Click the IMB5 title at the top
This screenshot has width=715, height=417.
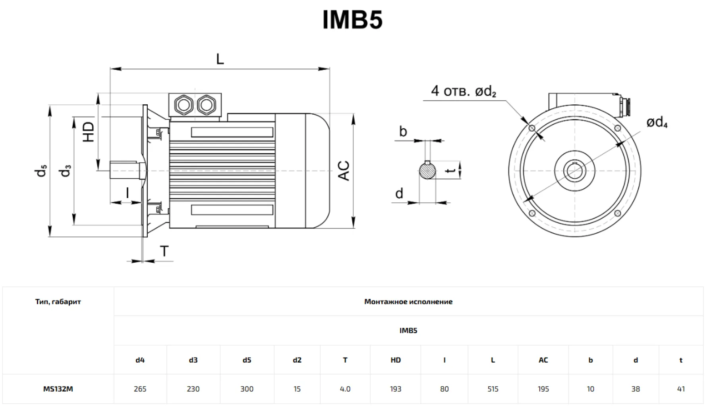[x=352, y=19]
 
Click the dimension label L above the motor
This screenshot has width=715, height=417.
[x=220, y=60]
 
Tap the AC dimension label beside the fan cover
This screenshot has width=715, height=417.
[x=344, y=171]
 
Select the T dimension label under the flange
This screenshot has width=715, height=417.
[x=164, y=251]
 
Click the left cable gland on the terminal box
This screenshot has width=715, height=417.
[x=184, y=105]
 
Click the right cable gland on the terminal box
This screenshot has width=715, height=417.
[x=207, y=105]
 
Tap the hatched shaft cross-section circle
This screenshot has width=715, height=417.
[x=427, y=171]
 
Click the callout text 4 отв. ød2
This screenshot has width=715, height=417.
[x=464, y=91]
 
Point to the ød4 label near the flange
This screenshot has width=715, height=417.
[x=657, y=122]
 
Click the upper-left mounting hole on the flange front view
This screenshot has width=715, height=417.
[x=532, y=128]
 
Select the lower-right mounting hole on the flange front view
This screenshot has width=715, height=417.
[x=617, y=213]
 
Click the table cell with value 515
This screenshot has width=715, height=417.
[x=493, y=389]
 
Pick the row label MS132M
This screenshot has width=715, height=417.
[x=58, y=389]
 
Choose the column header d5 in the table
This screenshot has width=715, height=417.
[x=247, y=360]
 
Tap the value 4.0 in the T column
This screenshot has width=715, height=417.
[x=345, y=389]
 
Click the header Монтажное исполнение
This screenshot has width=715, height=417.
[x=408, y=302]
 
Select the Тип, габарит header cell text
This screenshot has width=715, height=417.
[x=58, y=302]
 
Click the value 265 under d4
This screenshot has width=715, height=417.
[x=140, y=389]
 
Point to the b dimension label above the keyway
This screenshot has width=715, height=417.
[x=403, y=131]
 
